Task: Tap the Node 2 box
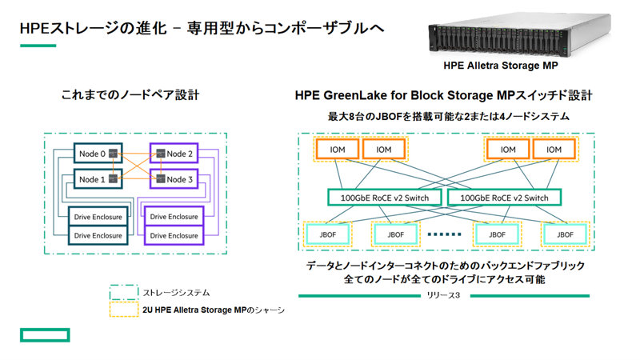click(178, 152)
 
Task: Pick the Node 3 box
click(178, 178)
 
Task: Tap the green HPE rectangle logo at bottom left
click(46, 334)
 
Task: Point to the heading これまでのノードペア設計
click(130, 95)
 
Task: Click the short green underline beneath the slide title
click(38, 46)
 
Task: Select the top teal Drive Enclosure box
click(97, 218)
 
